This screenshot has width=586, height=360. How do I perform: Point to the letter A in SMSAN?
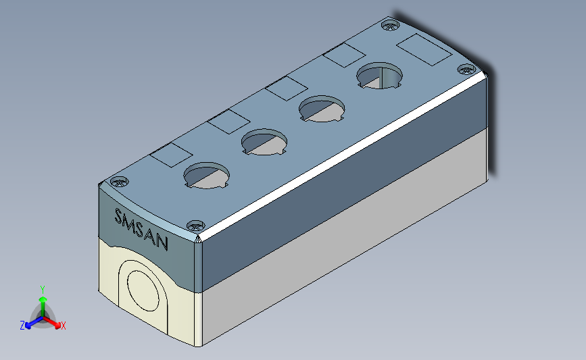[151, 236]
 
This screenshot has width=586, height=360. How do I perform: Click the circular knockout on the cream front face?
[143, 291]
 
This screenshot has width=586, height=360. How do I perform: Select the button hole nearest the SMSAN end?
[207, 176]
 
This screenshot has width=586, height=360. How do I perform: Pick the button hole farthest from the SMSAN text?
[379, 76]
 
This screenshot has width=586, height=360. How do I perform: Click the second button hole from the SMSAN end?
[264, 142]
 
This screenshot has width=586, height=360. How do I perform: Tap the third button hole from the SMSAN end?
[322, 109]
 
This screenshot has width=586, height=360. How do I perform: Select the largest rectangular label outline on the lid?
[424, 50]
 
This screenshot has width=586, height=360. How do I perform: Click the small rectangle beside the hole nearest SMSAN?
[171, 155]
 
